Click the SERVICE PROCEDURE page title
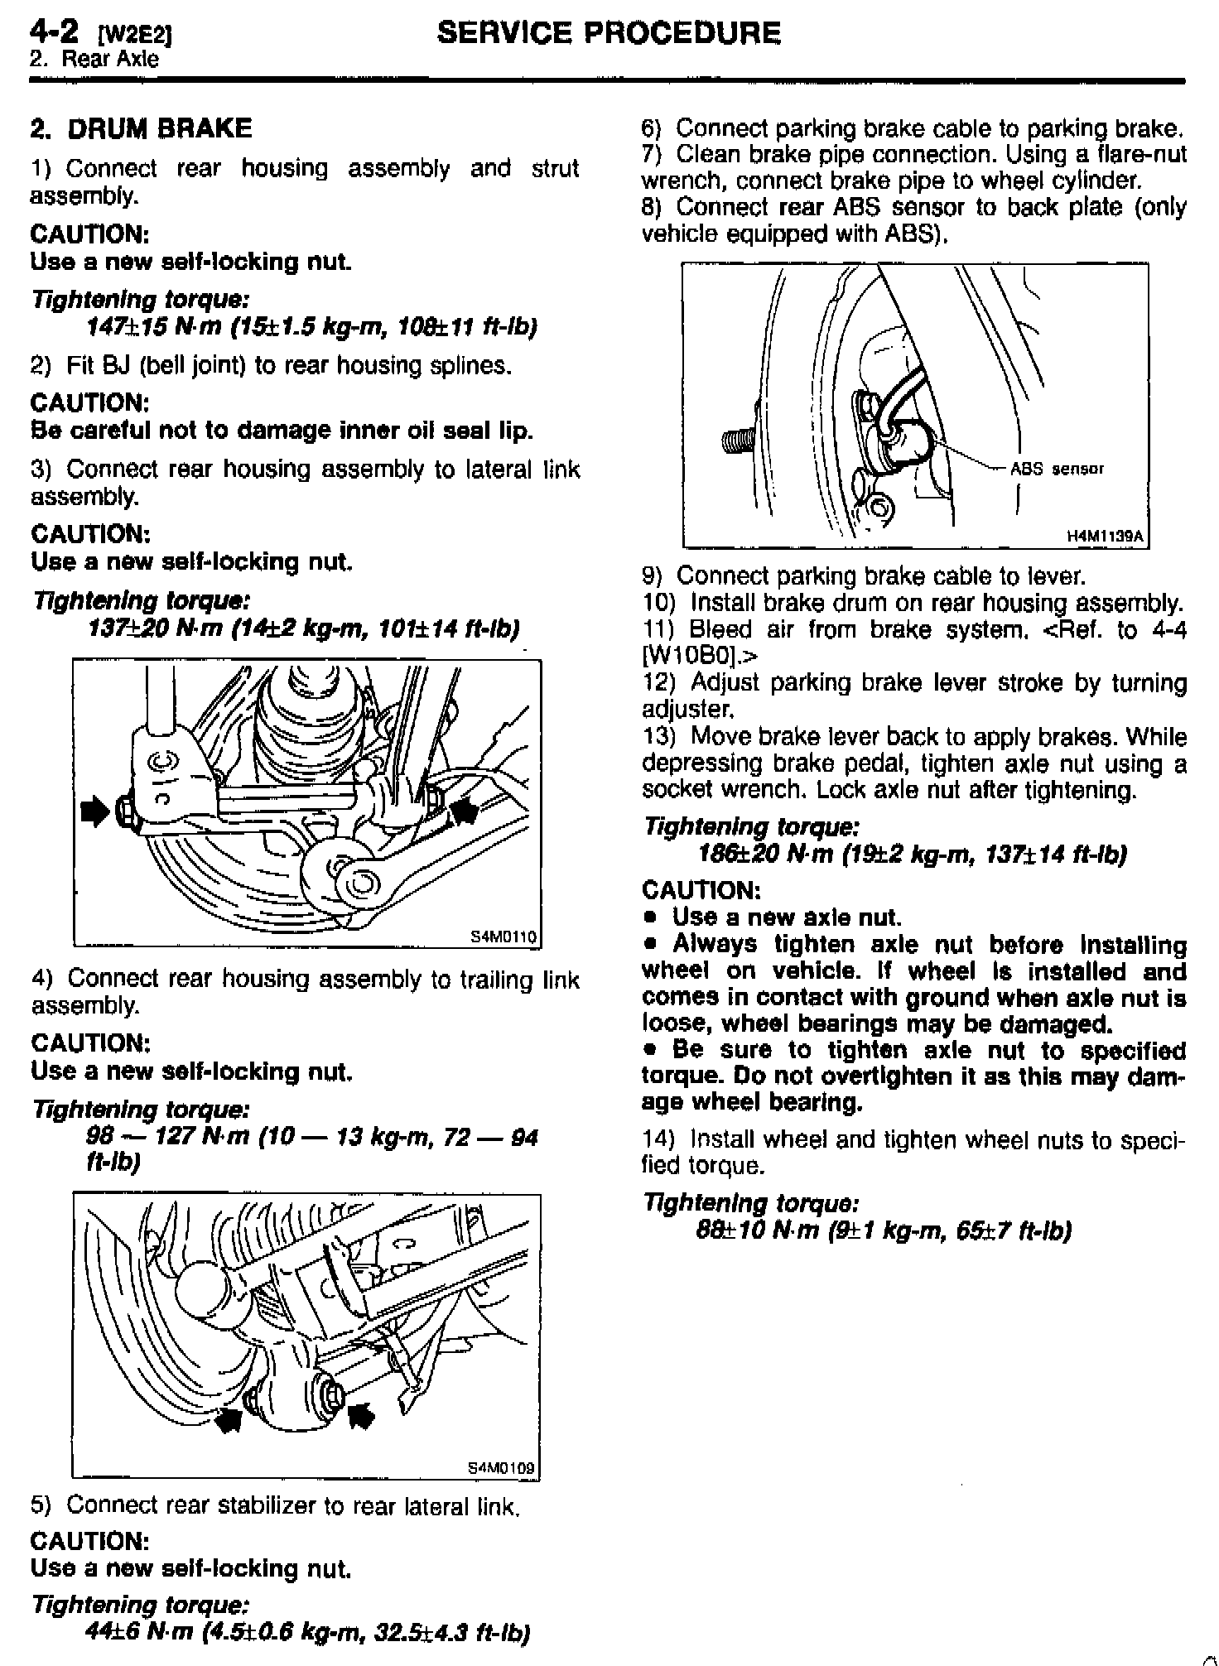(609, 33)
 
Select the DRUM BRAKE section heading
(141, 128)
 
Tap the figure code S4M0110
(503, 937)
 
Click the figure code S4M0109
(502, 1468)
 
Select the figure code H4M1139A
(1105, 537)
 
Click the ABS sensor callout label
(1057, 469)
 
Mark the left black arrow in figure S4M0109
(228, 1420)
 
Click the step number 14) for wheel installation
(658, 1139)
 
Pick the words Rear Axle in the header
(116, 59)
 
